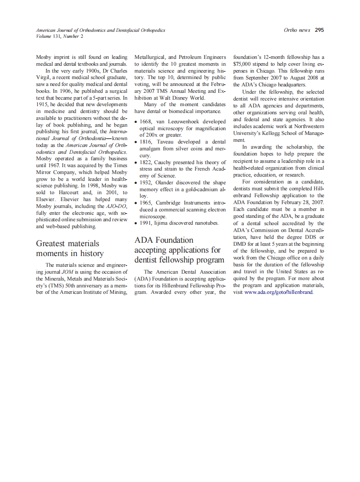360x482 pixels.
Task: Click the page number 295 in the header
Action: (x=319, y=30)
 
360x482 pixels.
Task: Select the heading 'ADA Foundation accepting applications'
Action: (x=179, y=250)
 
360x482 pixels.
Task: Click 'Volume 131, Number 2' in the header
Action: (x=60, y=36)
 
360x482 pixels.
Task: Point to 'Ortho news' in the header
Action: (x=297, y=30)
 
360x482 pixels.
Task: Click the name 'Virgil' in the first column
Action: (x=44, y=77)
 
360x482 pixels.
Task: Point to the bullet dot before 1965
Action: (x=136, y=203)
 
